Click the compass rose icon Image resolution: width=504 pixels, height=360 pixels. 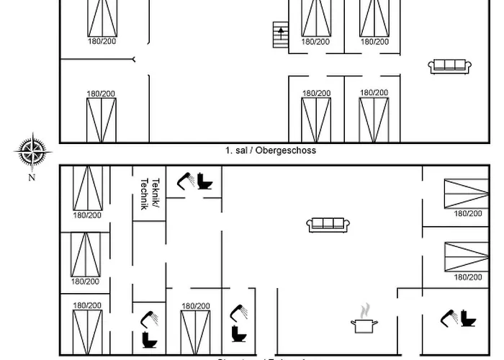pyautogui.click(x=32, y=151)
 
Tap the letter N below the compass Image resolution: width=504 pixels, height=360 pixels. pyautogui.click(x=32, y=176)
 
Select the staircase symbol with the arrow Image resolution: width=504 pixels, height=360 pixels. pyautogui.click(x=279, y=34)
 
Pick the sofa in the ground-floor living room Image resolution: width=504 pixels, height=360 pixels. pyautogui.click(x=328, y=225)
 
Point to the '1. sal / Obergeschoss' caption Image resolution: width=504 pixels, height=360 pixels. pyautogui.click(x=270, y=151)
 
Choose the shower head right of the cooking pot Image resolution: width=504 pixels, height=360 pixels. pyautogui.click(x=450, y=316)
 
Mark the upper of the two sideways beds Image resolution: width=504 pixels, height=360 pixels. pyautogui.click(x=467, y=194)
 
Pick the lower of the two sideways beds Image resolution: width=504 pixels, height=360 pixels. pyautogui.click(x=467, y=256)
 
